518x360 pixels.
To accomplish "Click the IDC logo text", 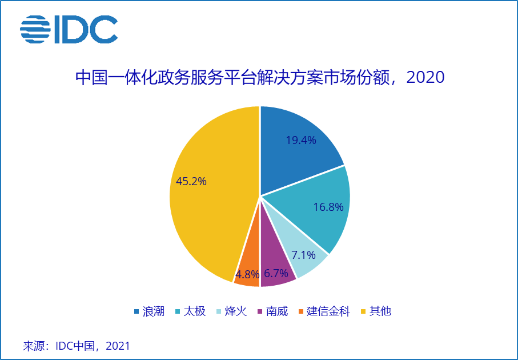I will coord(86,30).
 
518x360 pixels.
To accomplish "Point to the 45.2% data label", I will coord(191,181).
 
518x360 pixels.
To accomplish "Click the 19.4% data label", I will coord(300,140).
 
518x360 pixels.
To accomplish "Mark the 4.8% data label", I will coord(248,274).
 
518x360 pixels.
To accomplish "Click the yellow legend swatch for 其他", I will coord(363,311).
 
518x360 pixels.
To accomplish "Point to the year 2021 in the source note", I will coord(118,346).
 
